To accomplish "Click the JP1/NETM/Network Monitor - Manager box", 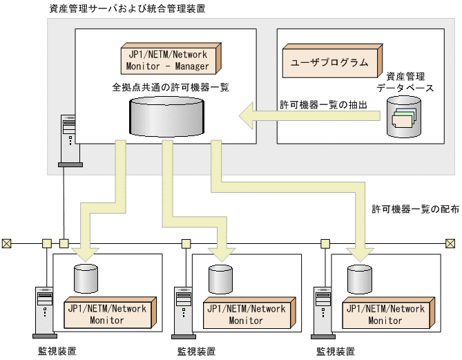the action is click(171, 58).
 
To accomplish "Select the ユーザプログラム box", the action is click(332, 61).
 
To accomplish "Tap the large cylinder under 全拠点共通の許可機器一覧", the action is click(166, 117).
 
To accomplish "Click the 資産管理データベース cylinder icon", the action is click(404, 117).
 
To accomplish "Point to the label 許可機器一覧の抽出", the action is click(323, 104).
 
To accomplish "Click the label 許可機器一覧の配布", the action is click(416, 209).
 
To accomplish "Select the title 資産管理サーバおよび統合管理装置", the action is click(127, 8).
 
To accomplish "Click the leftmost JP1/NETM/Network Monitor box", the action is click(110, 313).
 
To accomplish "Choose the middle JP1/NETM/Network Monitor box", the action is click(249, 313).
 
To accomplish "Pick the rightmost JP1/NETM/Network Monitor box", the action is click(388, 313).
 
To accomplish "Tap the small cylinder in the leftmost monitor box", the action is click(86, 278).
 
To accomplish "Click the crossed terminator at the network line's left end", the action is click(6, 243).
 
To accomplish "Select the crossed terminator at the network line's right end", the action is click(450, 243).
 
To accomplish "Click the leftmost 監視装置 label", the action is click(57, 351).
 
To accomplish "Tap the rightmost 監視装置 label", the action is click(336, 351).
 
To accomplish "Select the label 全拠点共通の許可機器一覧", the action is click(171, 87).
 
